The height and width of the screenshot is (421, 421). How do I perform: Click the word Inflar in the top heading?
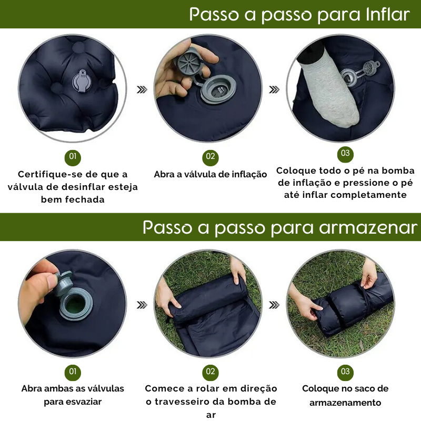[387, 14]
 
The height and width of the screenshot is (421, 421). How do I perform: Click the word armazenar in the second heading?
[368, 228]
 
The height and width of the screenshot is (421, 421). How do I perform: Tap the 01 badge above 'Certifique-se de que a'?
[73, 157]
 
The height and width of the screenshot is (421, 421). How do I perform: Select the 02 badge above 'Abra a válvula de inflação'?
[210, 157]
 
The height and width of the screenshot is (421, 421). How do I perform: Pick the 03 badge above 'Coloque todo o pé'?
[345, 154]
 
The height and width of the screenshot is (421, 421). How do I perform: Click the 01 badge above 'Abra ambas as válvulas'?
[73, 372]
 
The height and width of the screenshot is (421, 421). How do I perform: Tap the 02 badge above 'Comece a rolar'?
[210, 373]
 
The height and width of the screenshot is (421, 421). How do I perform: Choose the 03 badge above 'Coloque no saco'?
[345, 373]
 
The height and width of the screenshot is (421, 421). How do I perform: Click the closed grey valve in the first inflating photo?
[82, 81]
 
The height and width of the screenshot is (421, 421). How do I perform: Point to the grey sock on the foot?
[331, 88]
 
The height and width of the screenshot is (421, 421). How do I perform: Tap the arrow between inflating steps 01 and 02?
[142, 89]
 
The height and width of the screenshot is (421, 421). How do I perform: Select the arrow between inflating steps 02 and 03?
[274, 89]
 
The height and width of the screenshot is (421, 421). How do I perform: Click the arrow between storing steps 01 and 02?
[142, 305]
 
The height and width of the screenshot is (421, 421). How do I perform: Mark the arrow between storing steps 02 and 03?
[274, 305]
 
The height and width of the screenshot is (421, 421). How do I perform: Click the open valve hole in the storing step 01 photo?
[76, 304]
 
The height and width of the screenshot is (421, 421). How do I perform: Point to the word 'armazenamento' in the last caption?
[345, 403]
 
